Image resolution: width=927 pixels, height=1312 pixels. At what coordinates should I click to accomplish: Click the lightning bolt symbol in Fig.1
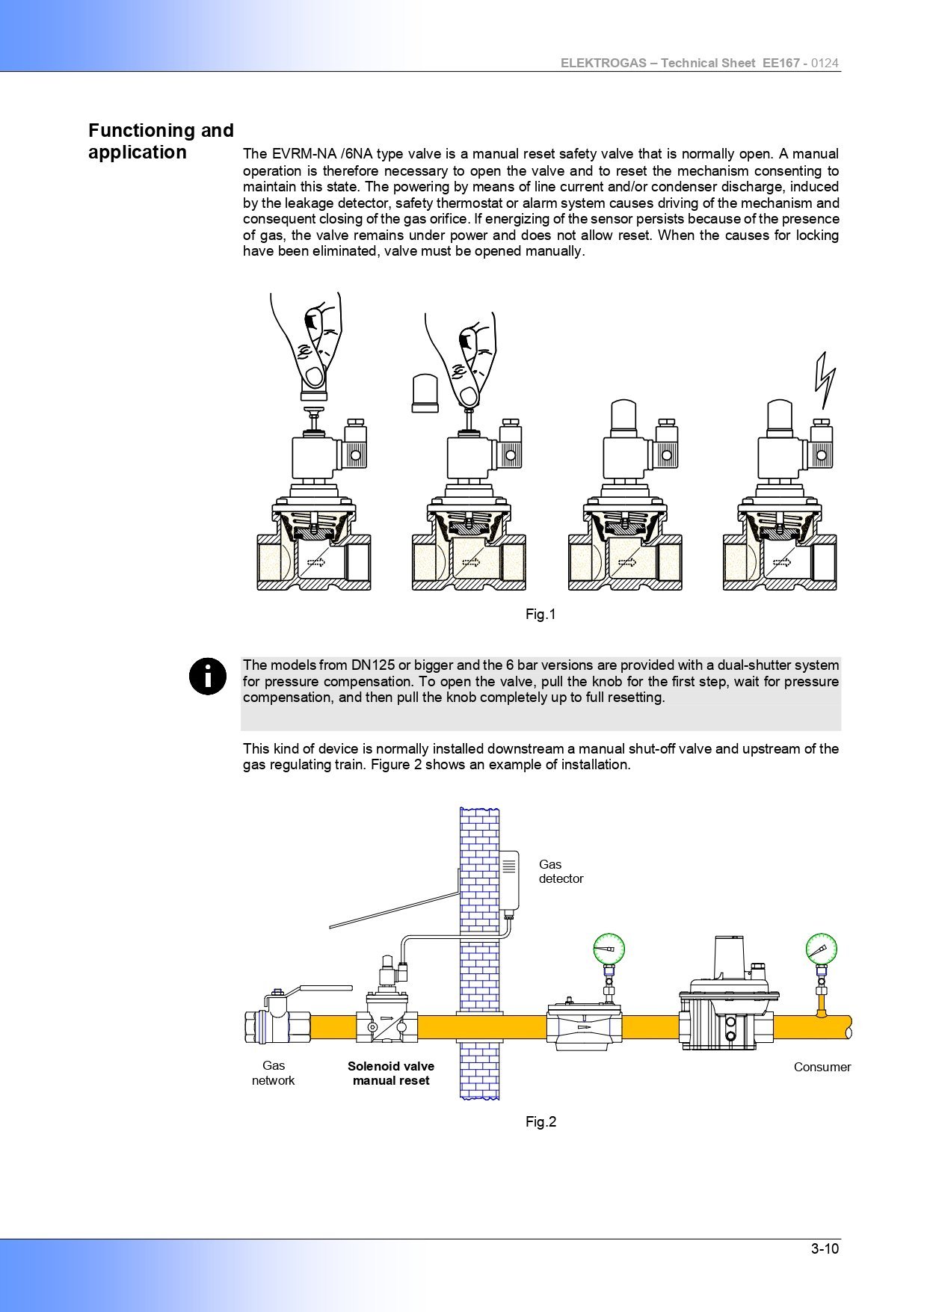click(x=825, y=380)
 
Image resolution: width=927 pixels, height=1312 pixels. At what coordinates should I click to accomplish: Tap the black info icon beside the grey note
click(x=207, y=676)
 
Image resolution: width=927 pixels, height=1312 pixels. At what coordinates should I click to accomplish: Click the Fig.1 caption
click(x=541, y=615)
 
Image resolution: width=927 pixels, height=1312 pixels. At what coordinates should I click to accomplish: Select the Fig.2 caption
click(x=541, y=1121)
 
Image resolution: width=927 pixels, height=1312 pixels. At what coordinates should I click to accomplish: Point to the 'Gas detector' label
click(x=561, y=872)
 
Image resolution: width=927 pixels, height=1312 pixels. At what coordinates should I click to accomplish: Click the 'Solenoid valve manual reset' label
click(x=391, y=1074)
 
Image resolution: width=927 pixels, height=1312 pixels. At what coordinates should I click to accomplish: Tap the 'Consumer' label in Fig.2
click(x=822, y=1067)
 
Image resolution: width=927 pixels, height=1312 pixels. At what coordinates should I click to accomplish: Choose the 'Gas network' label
click(x=273, y=1073)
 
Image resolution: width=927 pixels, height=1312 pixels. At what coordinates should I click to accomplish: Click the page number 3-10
click(x=825, y=1248)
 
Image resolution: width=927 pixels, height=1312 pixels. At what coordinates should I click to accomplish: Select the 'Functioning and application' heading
click(x=161, y=141)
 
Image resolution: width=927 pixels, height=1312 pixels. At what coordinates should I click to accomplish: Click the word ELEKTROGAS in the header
click(x=603, y=64)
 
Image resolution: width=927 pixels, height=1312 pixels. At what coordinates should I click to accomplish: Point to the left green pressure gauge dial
click(x=609, y=949)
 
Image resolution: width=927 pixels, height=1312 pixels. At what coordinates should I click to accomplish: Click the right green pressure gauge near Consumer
click(x=821, y=949)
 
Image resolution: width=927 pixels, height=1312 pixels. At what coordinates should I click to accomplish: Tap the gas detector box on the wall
click(x=509, y=880)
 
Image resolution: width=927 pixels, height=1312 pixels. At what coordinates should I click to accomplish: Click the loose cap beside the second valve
click(x=425, y=392)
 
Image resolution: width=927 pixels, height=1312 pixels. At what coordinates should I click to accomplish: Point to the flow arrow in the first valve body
click(x=315, y=562)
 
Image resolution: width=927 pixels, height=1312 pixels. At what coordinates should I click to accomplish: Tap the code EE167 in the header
click(x=781, y=64)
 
